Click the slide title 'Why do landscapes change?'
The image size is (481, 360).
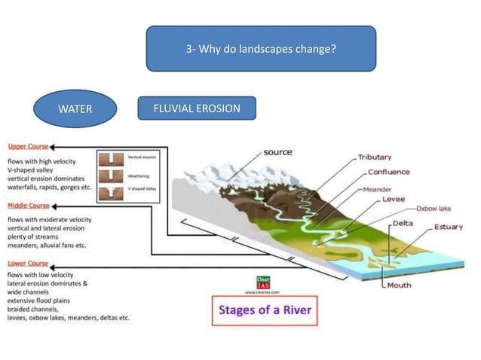tap(260, 49)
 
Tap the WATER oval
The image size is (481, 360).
tap(75, 109)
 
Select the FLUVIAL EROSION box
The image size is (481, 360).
tap(197, 108)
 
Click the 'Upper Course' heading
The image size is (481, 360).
tap(28, 147)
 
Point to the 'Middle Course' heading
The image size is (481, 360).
tap(29, 206)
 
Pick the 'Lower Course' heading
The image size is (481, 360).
tap(28, 264)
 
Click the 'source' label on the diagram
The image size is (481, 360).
tap(277, 152)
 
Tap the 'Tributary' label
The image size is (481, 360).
tap(374, 157)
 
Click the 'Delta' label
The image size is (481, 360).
tap(403, 224)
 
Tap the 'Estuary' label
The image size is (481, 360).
tap(448, 227)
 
